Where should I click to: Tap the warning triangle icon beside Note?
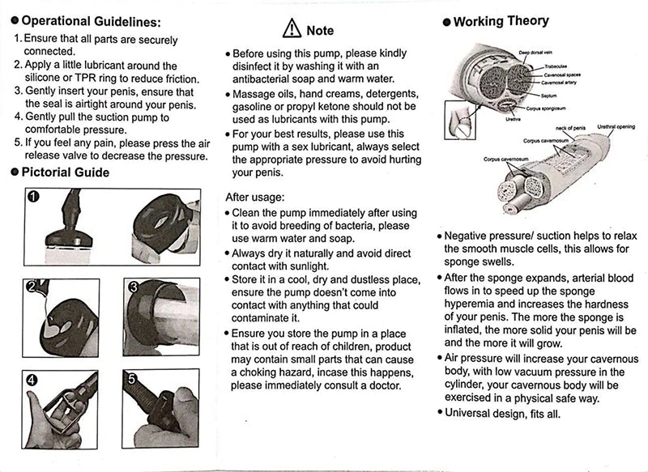(290, 30)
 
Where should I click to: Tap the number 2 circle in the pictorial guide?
(32, 286)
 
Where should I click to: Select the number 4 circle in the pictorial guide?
(32, 380)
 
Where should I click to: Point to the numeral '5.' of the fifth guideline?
(19, 143)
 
